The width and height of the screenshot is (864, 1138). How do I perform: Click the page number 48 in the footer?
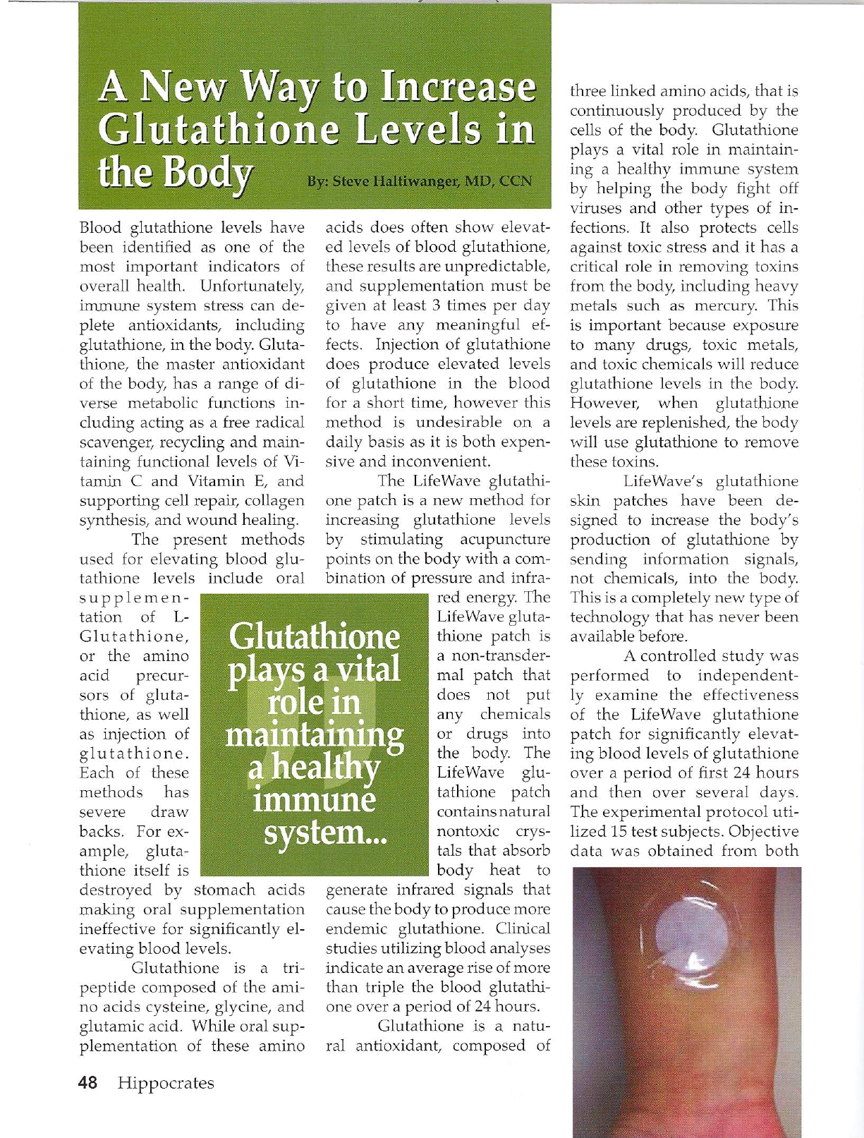[88, 1083]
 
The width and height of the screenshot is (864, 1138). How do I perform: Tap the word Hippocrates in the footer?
[166, 1084]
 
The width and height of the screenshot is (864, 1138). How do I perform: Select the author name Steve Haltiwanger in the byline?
[396, 181]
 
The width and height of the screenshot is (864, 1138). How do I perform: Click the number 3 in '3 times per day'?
[437, 305]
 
